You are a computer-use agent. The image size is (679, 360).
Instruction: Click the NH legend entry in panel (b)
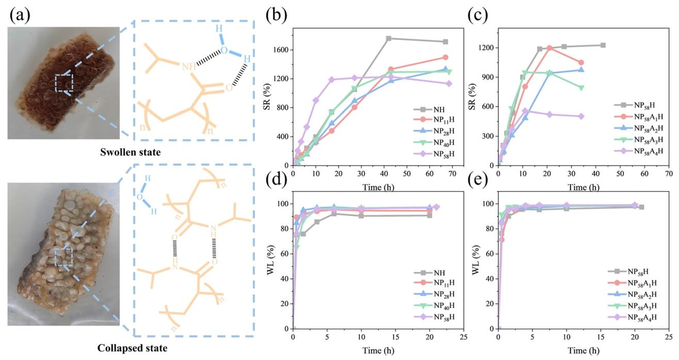coord(438,109)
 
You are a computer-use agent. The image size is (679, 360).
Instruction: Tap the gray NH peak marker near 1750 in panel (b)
coord(389,39)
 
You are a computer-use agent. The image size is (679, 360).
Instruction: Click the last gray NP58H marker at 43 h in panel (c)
coord(603,45)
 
